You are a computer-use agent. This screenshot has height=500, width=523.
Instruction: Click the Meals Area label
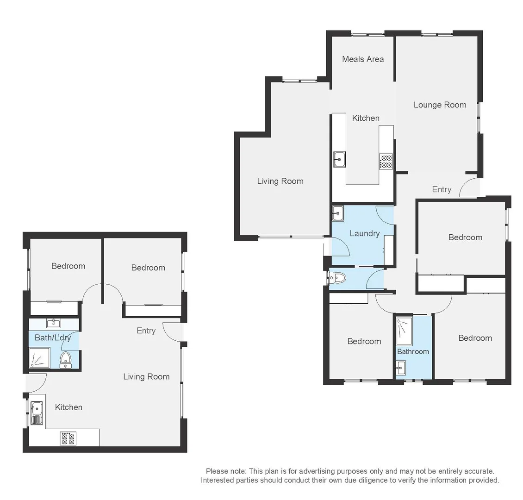(x=362, y=59)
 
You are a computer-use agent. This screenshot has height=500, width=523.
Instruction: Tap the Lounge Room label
(x=440, y=105)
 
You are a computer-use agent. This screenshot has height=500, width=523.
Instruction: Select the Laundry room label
(x=364, y=233)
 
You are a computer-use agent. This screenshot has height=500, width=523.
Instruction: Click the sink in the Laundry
(x=338, y=214)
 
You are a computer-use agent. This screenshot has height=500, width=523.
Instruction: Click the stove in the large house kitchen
(x=386, y=161)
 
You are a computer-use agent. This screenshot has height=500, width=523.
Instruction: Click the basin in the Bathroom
(x=401, y=369)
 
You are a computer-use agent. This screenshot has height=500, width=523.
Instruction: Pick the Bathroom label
(x=413, y=351)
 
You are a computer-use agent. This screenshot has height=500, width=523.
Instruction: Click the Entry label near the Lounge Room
(x=442, y=189)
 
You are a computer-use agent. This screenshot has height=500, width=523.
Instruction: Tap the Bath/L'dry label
(x=53, y=337)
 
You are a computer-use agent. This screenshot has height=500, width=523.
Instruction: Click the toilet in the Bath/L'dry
(x=66, y=359)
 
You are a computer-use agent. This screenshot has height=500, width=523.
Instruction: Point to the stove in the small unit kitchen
(x=68, y=438)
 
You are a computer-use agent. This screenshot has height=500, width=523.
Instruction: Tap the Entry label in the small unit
(x=146, y=331)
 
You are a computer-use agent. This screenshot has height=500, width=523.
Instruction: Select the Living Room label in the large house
(x=280, y=181)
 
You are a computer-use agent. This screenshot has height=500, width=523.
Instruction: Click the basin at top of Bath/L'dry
(x=54, y=323)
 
